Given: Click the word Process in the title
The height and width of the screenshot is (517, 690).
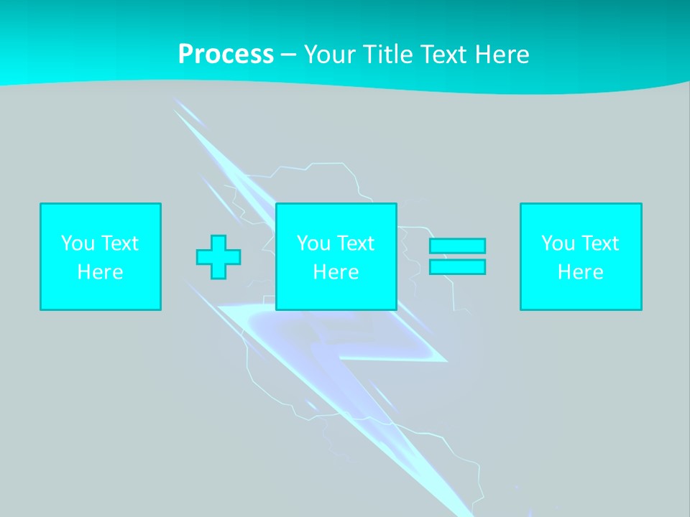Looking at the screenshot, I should coord(226,55).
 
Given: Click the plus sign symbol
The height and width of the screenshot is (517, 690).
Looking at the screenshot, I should coord(218,257).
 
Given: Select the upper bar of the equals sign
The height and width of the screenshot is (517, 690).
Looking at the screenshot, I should coord(457,246).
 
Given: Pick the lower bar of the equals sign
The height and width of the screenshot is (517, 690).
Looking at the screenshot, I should coord(457,267).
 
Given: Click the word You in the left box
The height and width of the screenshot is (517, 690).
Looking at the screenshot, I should coord(76,243).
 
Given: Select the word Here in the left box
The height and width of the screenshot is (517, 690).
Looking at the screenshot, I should coord(101,272).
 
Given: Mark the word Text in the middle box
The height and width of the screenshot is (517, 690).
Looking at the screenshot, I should coord(355,243).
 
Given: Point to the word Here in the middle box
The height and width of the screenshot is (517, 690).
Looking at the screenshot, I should coord(336,272).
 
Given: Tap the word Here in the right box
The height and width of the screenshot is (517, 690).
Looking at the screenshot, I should coord(581,272).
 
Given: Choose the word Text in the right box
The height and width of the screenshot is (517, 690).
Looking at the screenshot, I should coord(599,243).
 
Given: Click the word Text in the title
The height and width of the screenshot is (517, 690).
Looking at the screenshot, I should coord(443,55).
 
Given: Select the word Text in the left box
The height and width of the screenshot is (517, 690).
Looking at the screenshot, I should coord(119,243).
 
